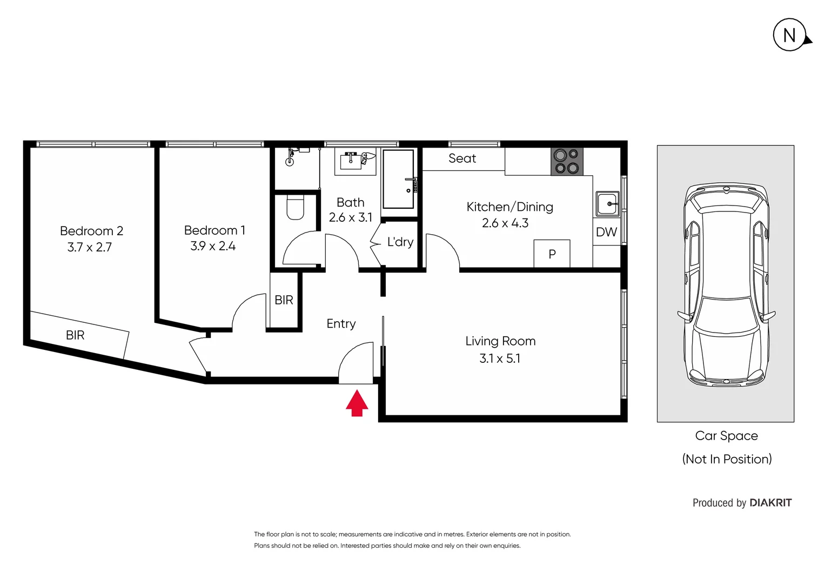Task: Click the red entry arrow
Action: pyautogui.click(x=357, y=403)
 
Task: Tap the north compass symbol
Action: pyautogui.click(x=790, y=36)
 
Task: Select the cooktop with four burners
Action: pyautogui.click(x=567, y=161)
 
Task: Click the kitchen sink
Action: pyautogui.click(x=607, y=204)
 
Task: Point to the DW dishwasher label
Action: pyautogui.click(x=606, y=232)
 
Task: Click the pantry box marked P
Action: pyautogui.click(x=552, y=254)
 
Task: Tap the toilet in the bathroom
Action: pyautogui.click(x=295, y=207)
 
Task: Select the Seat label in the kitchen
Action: pyautogui.click(x=462, y=158)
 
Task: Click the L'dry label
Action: pyautogui.click(x=400, y=242)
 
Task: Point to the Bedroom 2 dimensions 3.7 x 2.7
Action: pyautogui.click(x=90, y=247)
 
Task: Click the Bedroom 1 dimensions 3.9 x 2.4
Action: pyautogui.click(x=213, y=246)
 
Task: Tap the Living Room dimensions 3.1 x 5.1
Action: pyautogui.click(x=500, y=359)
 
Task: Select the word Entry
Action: pyautogui.click(x=341, y=323)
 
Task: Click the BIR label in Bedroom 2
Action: pyautogui.click(x=75, y=335)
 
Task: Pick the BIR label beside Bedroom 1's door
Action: pyautogui.click(x=284, y=300)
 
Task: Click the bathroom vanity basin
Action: pyautogui.click(x=352, y=161)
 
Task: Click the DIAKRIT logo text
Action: pyautogui.click(x=770, y=503)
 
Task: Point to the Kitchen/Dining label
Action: pyautogui.click(x=509, y=207)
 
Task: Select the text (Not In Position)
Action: pyautogui.click(x=727, y=459)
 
